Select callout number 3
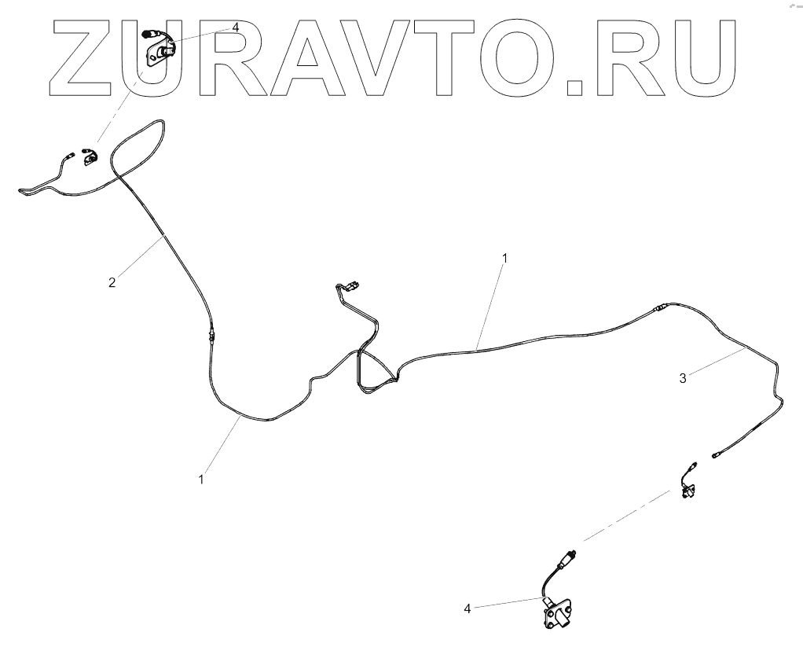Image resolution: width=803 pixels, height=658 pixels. (683, 378)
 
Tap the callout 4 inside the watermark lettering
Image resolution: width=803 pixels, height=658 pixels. (235, 28)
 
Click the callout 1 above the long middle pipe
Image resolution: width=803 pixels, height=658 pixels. (505, 258)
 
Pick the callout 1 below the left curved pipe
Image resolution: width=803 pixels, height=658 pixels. (202, 479)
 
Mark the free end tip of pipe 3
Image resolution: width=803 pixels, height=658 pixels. (714, 454)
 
